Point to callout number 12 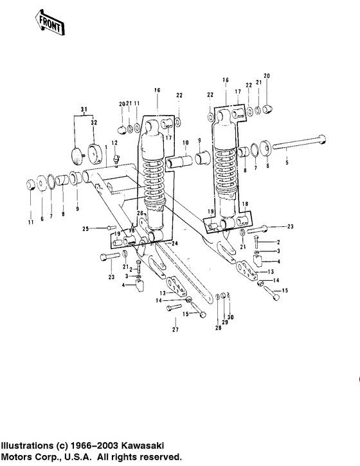pyautogui.click(x=114, y=143)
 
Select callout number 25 pyautogui.click(x=84, y=228)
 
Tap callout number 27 pyautogui.click(x=174, y=330)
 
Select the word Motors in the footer pyautogui.click(x=17, y=456)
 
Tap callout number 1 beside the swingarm pyautogui.click(x=106, y=167)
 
